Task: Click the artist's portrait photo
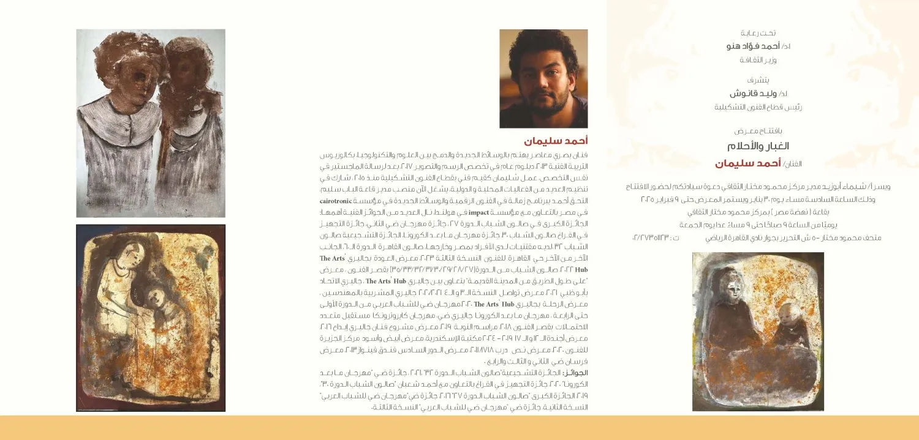[543, 78]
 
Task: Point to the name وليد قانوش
[749, 94]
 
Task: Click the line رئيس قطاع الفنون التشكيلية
[749, 107]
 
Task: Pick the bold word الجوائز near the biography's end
[576, 372]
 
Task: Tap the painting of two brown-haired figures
[150, 122]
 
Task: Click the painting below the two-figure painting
[150, 318]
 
